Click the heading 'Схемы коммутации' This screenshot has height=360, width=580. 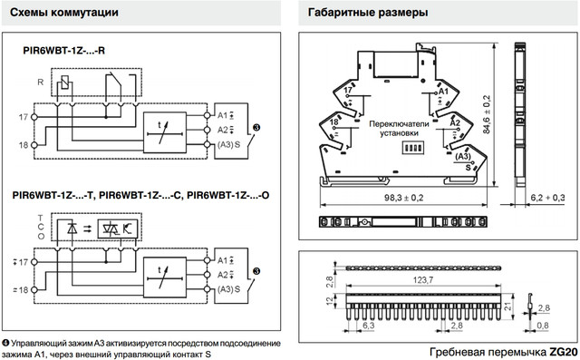tap(64, 13)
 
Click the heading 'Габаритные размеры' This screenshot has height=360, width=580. tap(368, 13)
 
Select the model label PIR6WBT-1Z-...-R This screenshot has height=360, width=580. tap(63, 50)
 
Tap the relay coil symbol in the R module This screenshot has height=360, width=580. tap(64, 83)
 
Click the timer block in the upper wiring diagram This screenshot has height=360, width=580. tap(165, 132)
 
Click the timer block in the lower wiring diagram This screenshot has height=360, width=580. tap(165, 277)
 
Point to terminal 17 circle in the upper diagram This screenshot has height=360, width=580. tap(34, 117)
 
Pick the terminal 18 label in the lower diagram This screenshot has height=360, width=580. tap(21, 290)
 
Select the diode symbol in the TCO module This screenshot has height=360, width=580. tap(72, 229)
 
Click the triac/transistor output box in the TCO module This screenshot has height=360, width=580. tap(118, 229)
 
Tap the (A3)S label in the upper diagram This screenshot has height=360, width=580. tap(228, 144)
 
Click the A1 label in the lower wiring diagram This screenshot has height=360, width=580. tap(223, 260)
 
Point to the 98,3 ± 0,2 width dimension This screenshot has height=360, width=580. tap(403, 198)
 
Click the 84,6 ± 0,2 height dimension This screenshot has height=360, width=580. tap(487, 114)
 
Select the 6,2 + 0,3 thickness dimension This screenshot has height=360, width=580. tap(547, 198)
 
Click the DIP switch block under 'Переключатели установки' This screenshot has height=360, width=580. tap(412, 148)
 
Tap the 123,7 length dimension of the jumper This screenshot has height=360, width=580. tap(423, 280)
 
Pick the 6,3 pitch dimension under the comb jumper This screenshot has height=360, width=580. tap(369, 326)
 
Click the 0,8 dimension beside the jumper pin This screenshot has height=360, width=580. tap(543, 326)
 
